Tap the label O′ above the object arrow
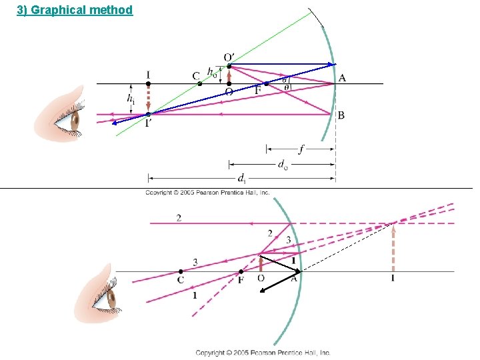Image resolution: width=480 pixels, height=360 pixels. tap(229, 57)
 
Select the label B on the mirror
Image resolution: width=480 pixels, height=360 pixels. tap(341, 115)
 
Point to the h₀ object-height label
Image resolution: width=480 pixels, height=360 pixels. tap(211, 71)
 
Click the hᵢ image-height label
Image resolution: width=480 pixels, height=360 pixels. tap(131, 99)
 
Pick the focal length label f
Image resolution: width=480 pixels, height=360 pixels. tap(301, 149)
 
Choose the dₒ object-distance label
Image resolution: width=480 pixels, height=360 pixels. tap(283, 163)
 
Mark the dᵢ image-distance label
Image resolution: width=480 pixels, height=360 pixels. tap(242, 178)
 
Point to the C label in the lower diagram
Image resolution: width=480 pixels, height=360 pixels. tap(181, 281)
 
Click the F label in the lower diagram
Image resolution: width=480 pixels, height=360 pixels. tap(241, 281)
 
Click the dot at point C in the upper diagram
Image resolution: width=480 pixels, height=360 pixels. tap(199, 83)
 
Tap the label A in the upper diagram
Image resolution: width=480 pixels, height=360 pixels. tap(342, 78)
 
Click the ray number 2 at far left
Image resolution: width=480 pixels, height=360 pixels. tap(179, 218)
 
